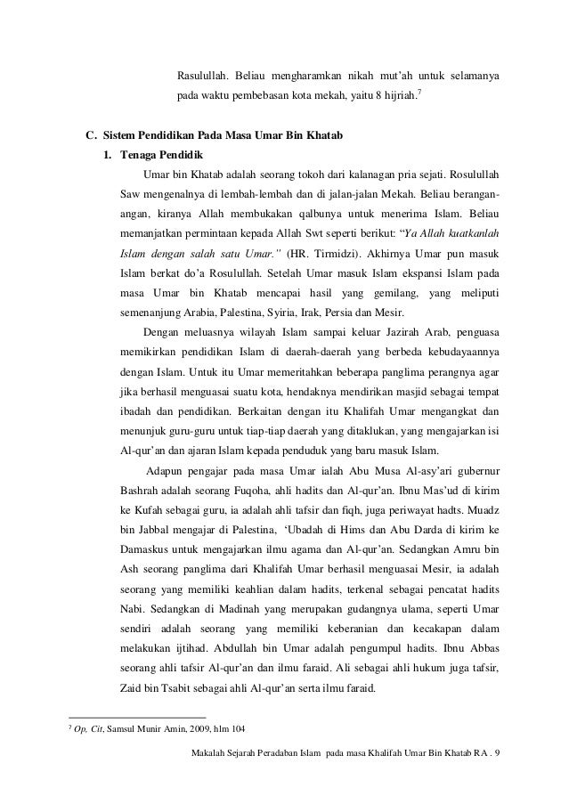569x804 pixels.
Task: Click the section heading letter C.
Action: coord(90,136)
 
